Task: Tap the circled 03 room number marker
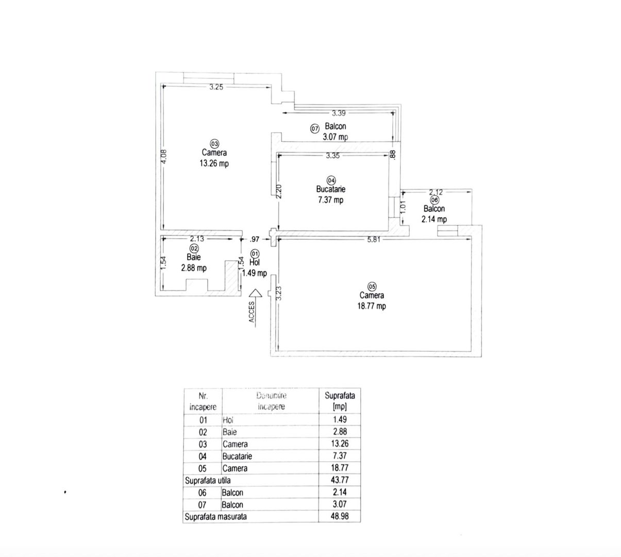[214, 143]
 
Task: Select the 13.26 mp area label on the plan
[214, 163]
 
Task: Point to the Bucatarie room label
[330, 190]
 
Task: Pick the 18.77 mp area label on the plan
[372, 306]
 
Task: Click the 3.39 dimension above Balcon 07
[339, 112]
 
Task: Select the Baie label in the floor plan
[194, 257]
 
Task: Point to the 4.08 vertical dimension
[164, 156]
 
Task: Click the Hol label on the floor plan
[255, 263]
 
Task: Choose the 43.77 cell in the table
[340, 480]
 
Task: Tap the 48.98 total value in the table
[340, 516]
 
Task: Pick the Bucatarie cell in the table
[237, 456]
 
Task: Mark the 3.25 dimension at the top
[216, 87]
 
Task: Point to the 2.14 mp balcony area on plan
[434, 219]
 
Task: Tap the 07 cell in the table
[203, 504]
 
